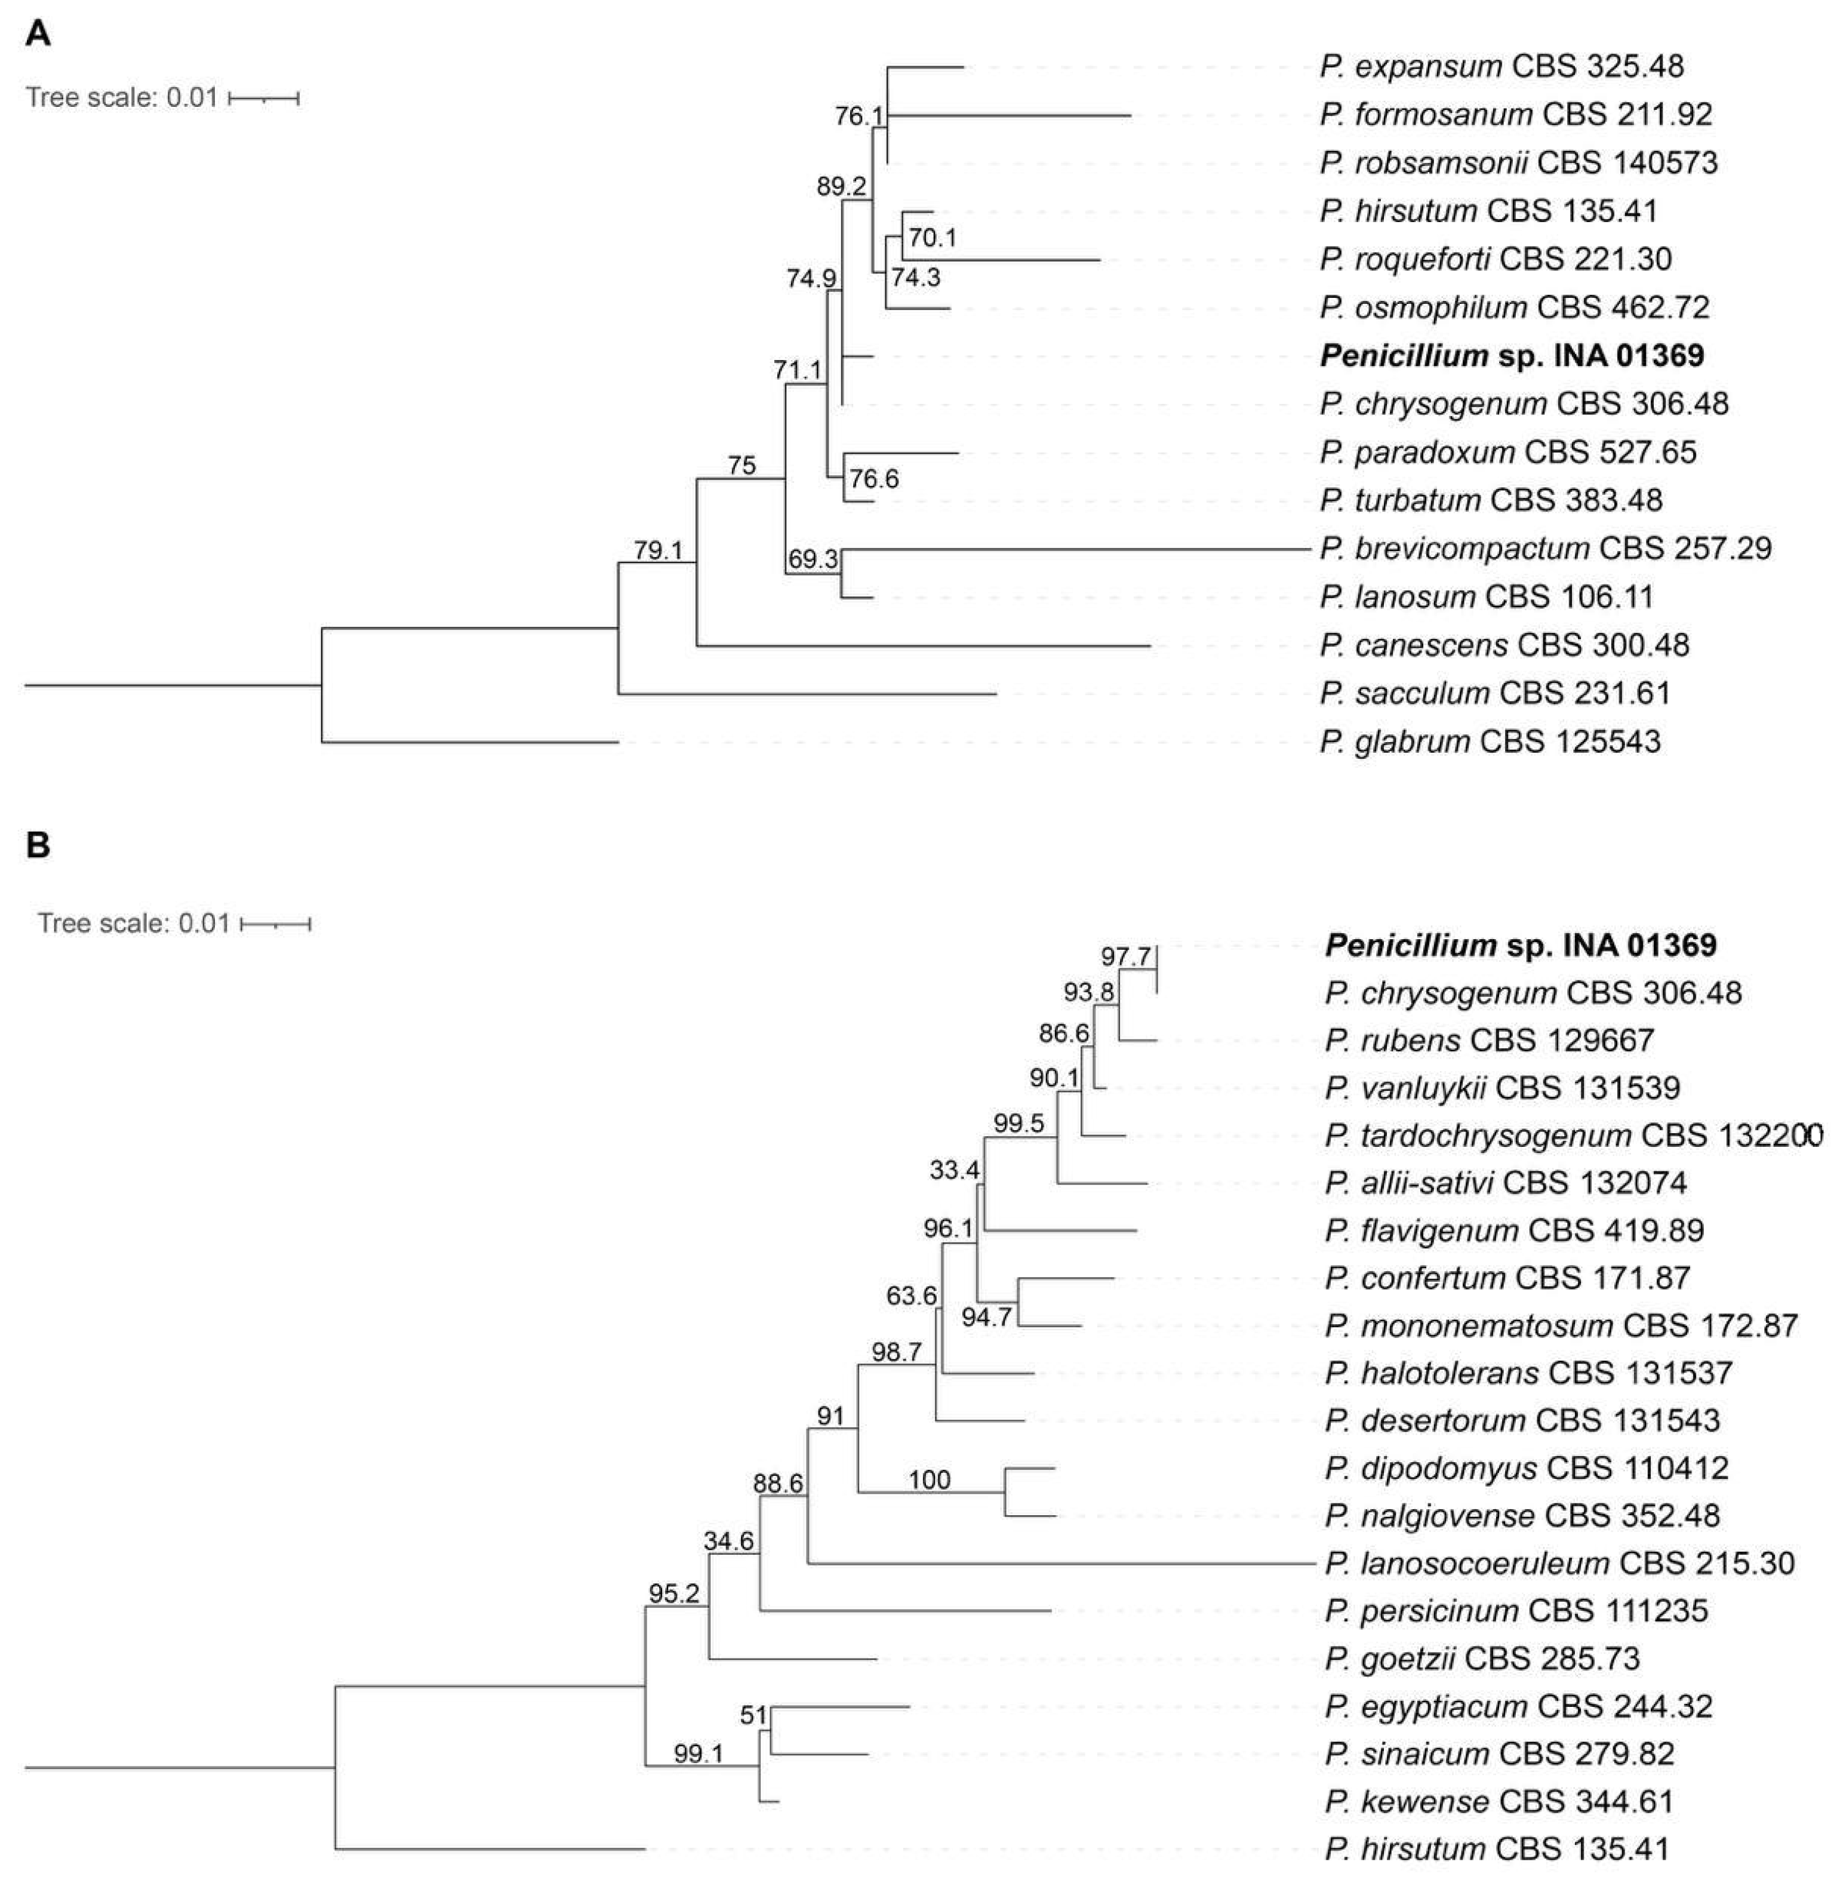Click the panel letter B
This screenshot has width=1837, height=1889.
(38, 845)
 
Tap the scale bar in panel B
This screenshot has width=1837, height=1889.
(276, 924)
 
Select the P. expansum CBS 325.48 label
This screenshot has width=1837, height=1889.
(1501, 66)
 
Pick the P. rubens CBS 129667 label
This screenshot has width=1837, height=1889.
(1490, 1040)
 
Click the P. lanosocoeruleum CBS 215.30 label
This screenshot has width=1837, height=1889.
(1559, 1563)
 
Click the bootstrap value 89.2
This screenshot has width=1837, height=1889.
(841, 186)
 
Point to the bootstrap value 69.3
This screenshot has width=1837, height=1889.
(813, 559)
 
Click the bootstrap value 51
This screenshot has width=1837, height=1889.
(753, 1715)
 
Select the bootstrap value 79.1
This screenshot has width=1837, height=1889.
(658, 550)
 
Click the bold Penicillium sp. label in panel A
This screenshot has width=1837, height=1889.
(1511, 356)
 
